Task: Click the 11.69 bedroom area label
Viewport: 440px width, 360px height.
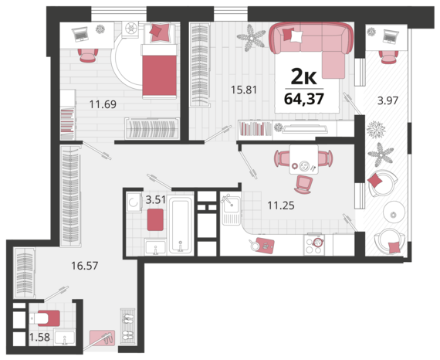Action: pos(103,104)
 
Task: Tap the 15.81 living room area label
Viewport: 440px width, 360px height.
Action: pos(244,90)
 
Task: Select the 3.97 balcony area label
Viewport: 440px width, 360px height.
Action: pos(388,100)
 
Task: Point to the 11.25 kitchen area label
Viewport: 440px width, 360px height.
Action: pos(281,205)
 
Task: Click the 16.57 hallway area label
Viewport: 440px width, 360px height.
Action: pos(84,266)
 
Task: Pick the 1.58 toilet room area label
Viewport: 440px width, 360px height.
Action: pos(39,337)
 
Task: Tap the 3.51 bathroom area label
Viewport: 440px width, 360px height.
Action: pos(156,199)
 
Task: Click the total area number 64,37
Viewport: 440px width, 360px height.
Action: pos(304,99)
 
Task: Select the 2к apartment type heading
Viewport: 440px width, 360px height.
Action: pos(303,76)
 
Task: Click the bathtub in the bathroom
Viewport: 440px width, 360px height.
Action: pos(181,226)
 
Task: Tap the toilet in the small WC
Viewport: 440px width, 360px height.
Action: pos(44,318)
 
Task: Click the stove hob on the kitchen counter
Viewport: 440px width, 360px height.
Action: pos(313,246)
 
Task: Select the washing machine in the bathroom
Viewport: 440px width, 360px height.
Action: pos(134,202)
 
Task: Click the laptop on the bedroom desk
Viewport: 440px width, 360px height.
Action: pos(80,34)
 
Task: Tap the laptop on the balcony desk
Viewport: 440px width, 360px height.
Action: pos(391,36)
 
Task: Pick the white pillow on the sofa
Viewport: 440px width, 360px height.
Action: pos(296,36)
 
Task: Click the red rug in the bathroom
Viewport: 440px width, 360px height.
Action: pos(155,219)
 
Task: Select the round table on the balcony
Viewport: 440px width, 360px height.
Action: pos(394,212)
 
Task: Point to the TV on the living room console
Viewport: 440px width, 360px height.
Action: pos(305,128)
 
